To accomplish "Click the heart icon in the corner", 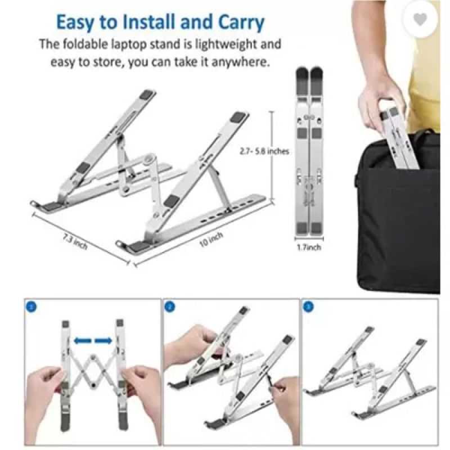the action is click(x=420, y=20).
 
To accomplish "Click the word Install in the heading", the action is click(x=148, y=22).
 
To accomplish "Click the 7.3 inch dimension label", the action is click(x=75, y=242).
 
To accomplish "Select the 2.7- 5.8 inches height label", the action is click(x=264, y=151).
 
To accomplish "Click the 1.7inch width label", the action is click(x=309, y=247).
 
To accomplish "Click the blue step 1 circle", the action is click(x=31, y=307).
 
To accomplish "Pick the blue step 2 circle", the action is click(x=170, y=307).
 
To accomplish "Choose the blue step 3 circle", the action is click(x=308, y=307).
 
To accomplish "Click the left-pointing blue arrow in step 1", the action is click(x=83, y=341).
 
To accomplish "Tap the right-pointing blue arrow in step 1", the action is click(x=103, y=341).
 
